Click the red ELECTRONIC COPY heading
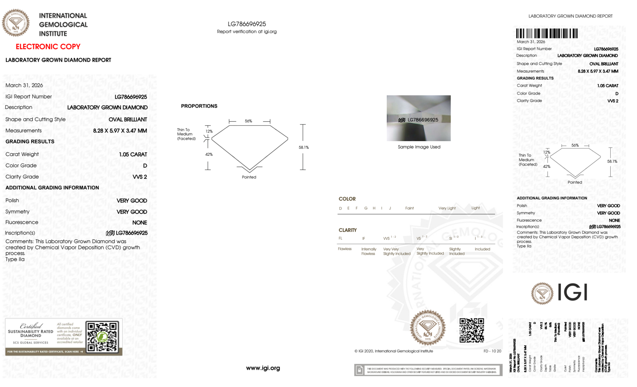[48, 47]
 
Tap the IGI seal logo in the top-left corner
[16, 23]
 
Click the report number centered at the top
[247, 24]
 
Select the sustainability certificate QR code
[102, 337]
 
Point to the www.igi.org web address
[263, 368]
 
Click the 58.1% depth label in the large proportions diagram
[304, 147]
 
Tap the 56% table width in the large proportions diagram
[248, 121]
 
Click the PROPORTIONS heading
[199, 106]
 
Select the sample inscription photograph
[419, 118]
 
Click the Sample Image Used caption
[419, 147]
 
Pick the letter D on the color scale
[340, 208]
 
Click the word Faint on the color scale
[409, 208]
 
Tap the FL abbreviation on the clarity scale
[340, 238]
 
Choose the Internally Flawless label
[368, 251]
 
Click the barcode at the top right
[547, 33]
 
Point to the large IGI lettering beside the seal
[573, 292]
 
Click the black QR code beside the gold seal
[471, 330]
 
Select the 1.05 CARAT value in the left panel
[133, 154]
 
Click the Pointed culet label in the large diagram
[249, 177]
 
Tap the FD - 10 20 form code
[492, 351]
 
